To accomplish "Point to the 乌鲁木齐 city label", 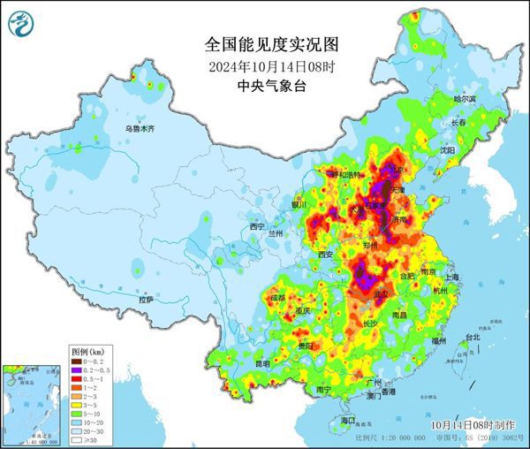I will pos(139,129).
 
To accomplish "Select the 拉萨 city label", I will pos(146,300).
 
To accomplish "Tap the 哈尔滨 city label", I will pos(464,99).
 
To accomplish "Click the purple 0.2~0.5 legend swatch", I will pos(78,369).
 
